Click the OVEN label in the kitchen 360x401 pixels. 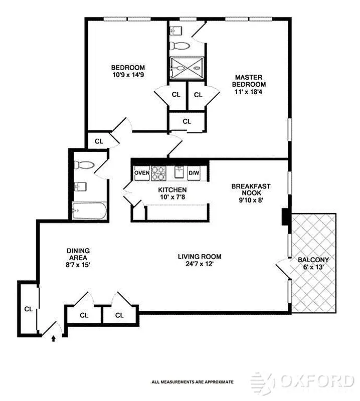pyautogui.click(x=142, y=173)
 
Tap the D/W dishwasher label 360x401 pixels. pyautogui.click(x=194, y=173)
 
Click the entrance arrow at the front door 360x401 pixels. pyautogui.click(x=54, y=339)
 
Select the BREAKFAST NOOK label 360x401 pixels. pyautogui.click(x=251, y=189)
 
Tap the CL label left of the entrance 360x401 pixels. pyautogui.click(x=29, y=309)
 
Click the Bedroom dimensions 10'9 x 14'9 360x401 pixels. pyautogui.click(x=128, y=76)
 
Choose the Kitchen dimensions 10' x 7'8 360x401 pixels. pyautogui.click(x=172, y=198)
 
